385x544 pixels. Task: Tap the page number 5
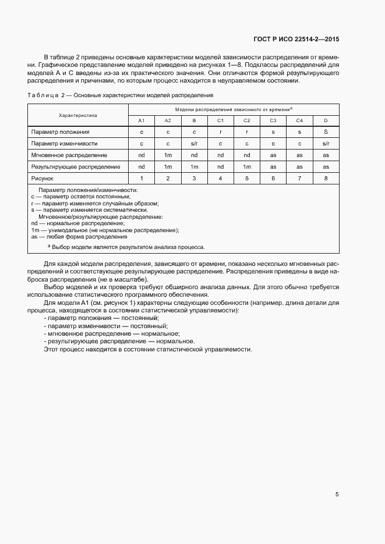[x=337, y=495]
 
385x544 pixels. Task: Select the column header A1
[x=142, y=120]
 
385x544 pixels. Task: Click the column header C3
[x=273, y=120]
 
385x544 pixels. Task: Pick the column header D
[x=325, y=120]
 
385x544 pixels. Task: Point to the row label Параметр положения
[x=61, y=132]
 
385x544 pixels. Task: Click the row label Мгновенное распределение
[x=69, y=155]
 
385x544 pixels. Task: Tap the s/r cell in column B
[x=194, y=143]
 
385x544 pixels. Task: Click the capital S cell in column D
[x=325, y=132]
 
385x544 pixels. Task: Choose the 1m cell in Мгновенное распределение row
[x=168, y=155]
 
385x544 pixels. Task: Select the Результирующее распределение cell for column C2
[x=246, y=166]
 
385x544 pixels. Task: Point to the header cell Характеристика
[x=78, y=115]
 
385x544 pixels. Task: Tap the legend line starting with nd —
[x=78, y=223]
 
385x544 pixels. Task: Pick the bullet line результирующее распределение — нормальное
[x=119, y=342]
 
